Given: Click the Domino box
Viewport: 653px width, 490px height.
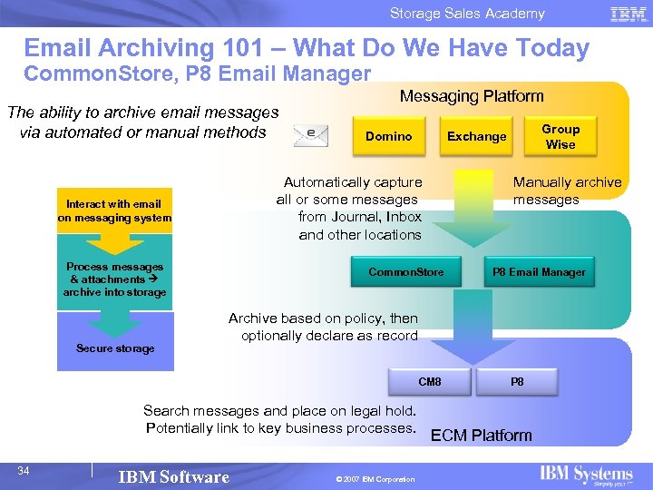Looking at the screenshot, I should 388,137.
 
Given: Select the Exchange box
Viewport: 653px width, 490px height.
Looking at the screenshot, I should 476,137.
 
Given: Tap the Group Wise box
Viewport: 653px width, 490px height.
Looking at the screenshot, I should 560,137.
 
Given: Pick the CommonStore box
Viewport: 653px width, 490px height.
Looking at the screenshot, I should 406,272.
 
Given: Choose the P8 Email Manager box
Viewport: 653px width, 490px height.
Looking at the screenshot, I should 538,272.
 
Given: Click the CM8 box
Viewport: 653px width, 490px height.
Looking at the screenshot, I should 429,382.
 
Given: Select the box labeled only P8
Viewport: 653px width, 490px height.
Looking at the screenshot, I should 517,382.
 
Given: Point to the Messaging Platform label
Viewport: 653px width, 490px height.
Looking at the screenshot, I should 472,96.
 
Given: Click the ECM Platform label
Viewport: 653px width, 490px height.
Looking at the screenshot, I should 481,436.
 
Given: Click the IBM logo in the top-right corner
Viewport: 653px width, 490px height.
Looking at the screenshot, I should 628,14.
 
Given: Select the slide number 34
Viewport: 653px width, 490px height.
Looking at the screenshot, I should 24,470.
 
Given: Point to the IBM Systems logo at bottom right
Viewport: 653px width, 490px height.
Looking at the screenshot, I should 586,475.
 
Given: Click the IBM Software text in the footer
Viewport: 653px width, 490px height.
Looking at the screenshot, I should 174,477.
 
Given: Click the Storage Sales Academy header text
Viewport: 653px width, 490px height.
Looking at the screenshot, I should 467,14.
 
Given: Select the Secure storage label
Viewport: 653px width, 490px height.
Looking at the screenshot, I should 115,348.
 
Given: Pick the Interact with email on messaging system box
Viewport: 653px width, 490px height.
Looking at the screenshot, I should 114,211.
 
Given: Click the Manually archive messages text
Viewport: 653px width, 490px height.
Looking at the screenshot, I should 567,191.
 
